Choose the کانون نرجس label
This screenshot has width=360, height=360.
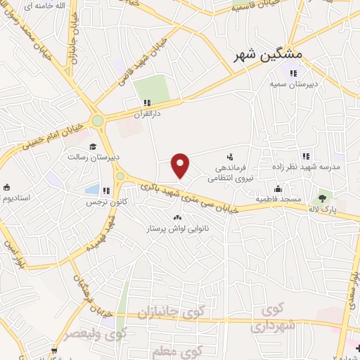coord(101,202)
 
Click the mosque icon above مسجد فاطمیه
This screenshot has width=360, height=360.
coord(278,188)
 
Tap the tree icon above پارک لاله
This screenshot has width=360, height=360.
coord(323,198)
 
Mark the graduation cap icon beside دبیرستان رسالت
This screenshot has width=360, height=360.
coord(92,146)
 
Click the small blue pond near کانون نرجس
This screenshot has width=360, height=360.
coord(92,189)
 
